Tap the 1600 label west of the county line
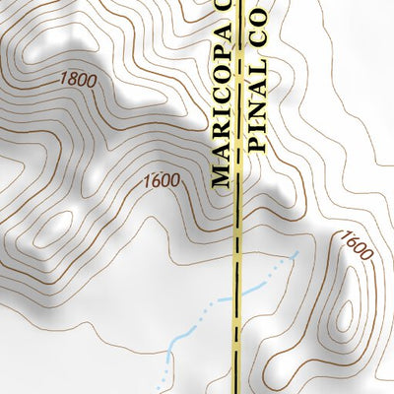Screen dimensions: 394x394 (x=160, y=181)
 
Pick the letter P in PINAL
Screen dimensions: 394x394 (x=258, y=142)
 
